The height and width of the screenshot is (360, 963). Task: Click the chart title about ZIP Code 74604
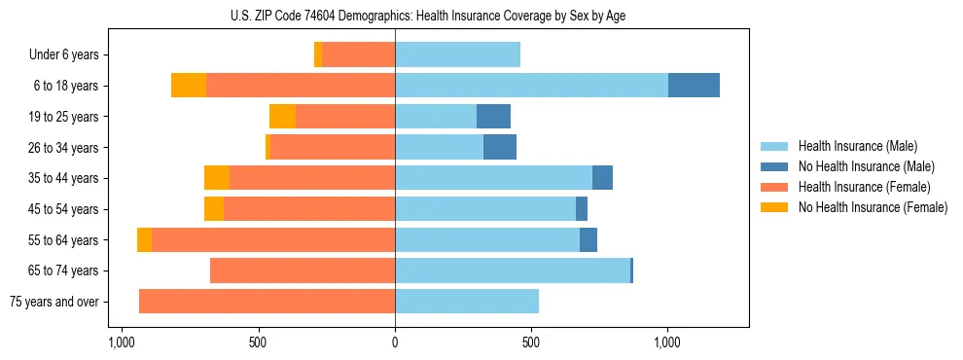coord(481,16)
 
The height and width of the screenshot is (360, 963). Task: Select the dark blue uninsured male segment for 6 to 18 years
coord(694,86)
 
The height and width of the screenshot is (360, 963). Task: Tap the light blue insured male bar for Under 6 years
coord(457,54)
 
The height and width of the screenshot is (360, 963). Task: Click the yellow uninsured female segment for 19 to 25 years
coord(282,117)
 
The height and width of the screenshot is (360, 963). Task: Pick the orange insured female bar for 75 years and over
coord(267,302)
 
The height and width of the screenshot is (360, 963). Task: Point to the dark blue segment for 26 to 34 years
coord(500,147)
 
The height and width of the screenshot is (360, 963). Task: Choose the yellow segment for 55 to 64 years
coord(144,239)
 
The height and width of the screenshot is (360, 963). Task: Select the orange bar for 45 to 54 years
coord(309,209)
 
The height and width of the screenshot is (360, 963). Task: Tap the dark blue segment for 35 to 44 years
coord(602,178)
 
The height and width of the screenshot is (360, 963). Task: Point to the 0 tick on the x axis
coord(395,342)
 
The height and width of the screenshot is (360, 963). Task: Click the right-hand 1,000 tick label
coord(667,342)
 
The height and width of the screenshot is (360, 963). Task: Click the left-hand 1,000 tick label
coord(122,342)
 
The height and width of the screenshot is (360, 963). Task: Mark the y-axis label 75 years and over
coord(53,302)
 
